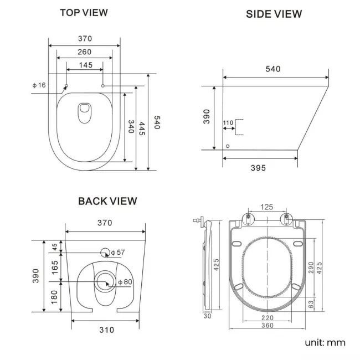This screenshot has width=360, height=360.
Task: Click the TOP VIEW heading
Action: [84, 12]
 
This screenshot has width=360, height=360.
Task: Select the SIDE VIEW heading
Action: [274, 14]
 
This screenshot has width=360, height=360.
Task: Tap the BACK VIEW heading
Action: [107, 201]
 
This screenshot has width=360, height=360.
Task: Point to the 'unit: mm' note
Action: [325, 342]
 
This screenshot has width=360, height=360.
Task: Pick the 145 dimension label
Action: [85, 65]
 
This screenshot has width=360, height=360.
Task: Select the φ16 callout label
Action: [39, 85]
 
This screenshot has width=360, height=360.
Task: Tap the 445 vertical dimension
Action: [142, 129]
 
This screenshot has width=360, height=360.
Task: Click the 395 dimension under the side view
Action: [258, 167]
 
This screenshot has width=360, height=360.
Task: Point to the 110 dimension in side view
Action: [228, 122]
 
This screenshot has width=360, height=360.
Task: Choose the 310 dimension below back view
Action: [106, 330]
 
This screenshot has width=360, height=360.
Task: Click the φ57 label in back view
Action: [118, 253]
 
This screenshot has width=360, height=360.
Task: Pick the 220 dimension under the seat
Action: [268, 318]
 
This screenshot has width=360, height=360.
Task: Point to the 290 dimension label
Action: [311, 268]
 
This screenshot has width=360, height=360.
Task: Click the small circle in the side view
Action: [228, 146]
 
